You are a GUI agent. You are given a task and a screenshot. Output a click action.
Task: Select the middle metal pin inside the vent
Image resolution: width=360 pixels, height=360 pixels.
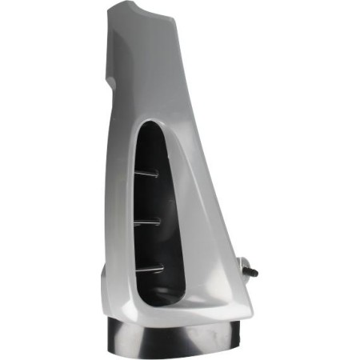148,220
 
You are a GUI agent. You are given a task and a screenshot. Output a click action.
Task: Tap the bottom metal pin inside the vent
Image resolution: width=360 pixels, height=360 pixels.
150,267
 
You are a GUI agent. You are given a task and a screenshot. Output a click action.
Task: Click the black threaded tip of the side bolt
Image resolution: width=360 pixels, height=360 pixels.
254,273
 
